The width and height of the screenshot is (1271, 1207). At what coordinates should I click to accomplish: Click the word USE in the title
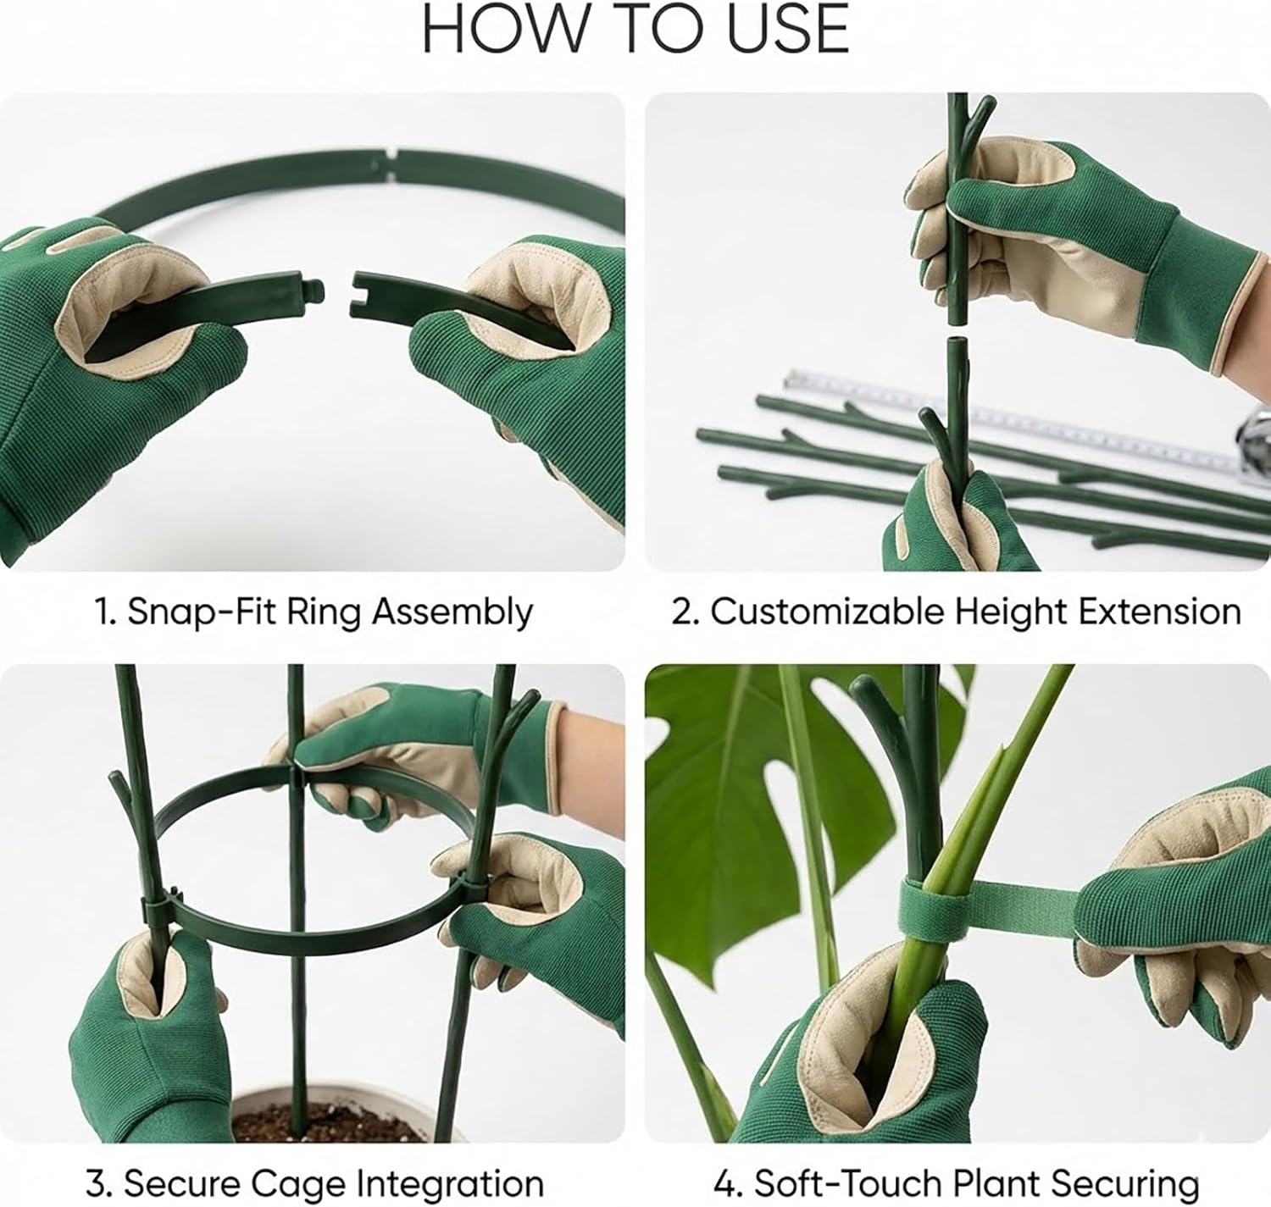pyautogui.click(x=788, y=29)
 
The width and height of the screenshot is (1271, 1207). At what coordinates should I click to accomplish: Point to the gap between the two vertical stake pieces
pyautogui.click(x=957, y=329)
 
